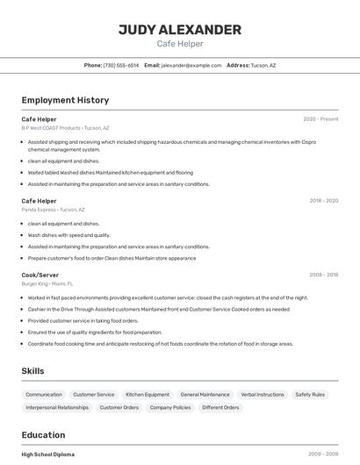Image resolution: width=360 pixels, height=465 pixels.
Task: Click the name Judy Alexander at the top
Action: click(x=180, y=30)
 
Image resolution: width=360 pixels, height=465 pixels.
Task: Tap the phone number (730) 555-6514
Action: click(x=121, y=66)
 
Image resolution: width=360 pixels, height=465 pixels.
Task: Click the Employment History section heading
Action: click(x=65, y=100)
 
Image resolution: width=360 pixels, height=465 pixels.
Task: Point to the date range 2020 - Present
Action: click(x=320, y=118)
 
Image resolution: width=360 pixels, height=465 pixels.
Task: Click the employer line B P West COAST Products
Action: click(x=66, y=128)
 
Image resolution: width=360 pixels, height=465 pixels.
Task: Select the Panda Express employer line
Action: click(x=54, y=210)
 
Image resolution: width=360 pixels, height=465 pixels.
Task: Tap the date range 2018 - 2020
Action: click(x=323, y=201)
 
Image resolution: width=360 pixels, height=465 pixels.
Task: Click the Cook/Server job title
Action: click(x=40, y=275)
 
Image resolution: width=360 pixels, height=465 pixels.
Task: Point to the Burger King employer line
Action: click(x=47, y=284)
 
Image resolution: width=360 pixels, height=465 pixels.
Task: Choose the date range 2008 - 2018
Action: click(x=323, y=275)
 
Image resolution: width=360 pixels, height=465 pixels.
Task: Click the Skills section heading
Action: click(x=32, y=371)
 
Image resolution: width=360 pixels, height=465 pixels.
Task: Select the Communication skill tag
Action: click(x=44, y=395)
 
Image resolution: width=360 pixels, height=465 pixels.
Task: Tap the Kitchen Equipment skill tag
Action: click(x=148, y=395)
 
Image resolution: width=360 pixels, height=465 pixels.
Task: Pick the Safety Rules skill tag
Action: click(x=310, y=395)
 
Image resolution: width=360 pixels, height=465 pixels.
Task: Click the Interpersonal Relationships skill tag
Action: click(x=57, y=408)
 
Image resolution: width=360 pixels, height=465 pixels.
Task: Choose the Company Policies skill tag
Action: click(x=170, y=408)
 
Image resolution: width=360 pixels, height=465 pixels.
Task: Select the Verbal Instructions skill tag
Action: click(x=263, y=395)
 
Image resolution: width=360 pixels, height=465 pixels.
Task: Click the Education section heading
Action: click(x=43, y=435)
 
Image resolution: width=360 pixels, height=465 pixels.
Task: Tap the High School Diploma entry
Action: click(x=48, y=454)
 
